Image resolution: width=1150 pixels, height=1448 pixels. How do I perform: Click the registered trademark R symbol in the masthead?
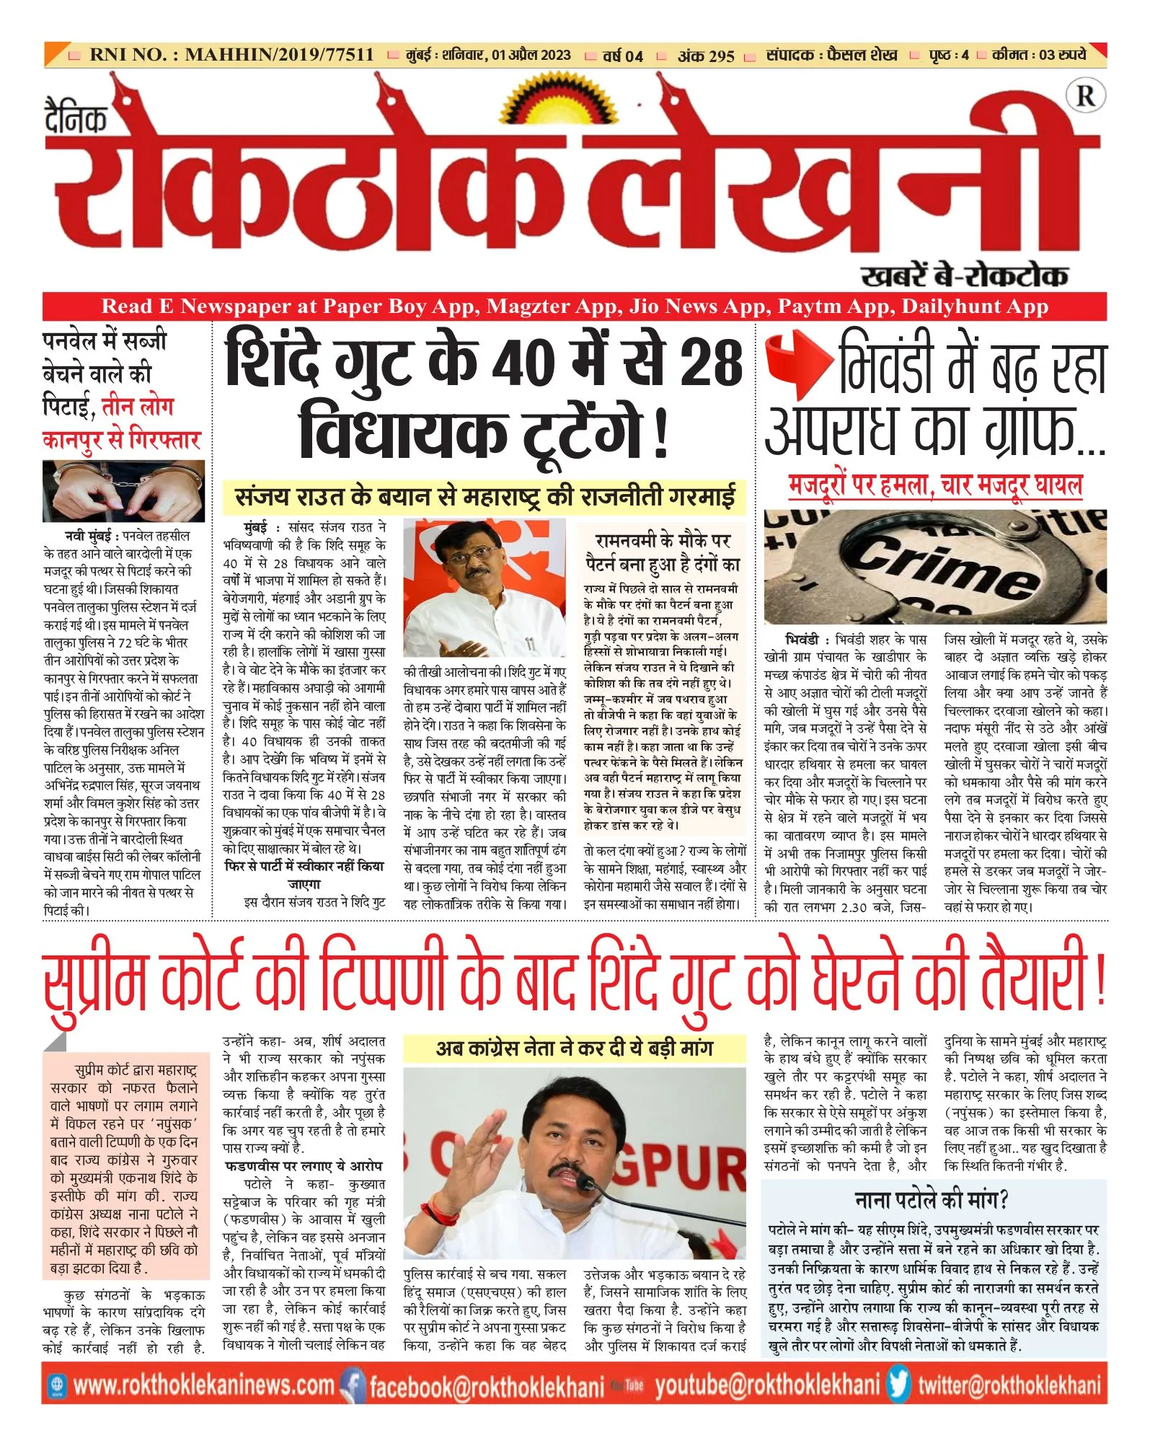[1085, 96]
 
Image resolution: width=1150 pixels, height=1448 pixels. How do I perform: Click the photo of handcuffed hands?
[123, 491]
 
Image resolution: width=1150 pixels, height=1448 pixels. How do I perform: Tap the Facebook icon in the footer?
[353, 1385]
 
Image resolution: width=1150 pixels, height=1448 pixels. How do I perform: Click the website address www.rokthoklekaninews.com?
[203, 1385]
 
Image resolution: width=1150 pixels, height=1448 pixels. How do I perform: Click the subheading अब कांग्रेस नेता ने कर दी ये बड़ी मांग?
[574, 1049]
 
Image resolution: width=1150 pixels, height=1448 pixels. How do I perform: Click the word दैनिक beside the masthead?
[76, 117]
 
